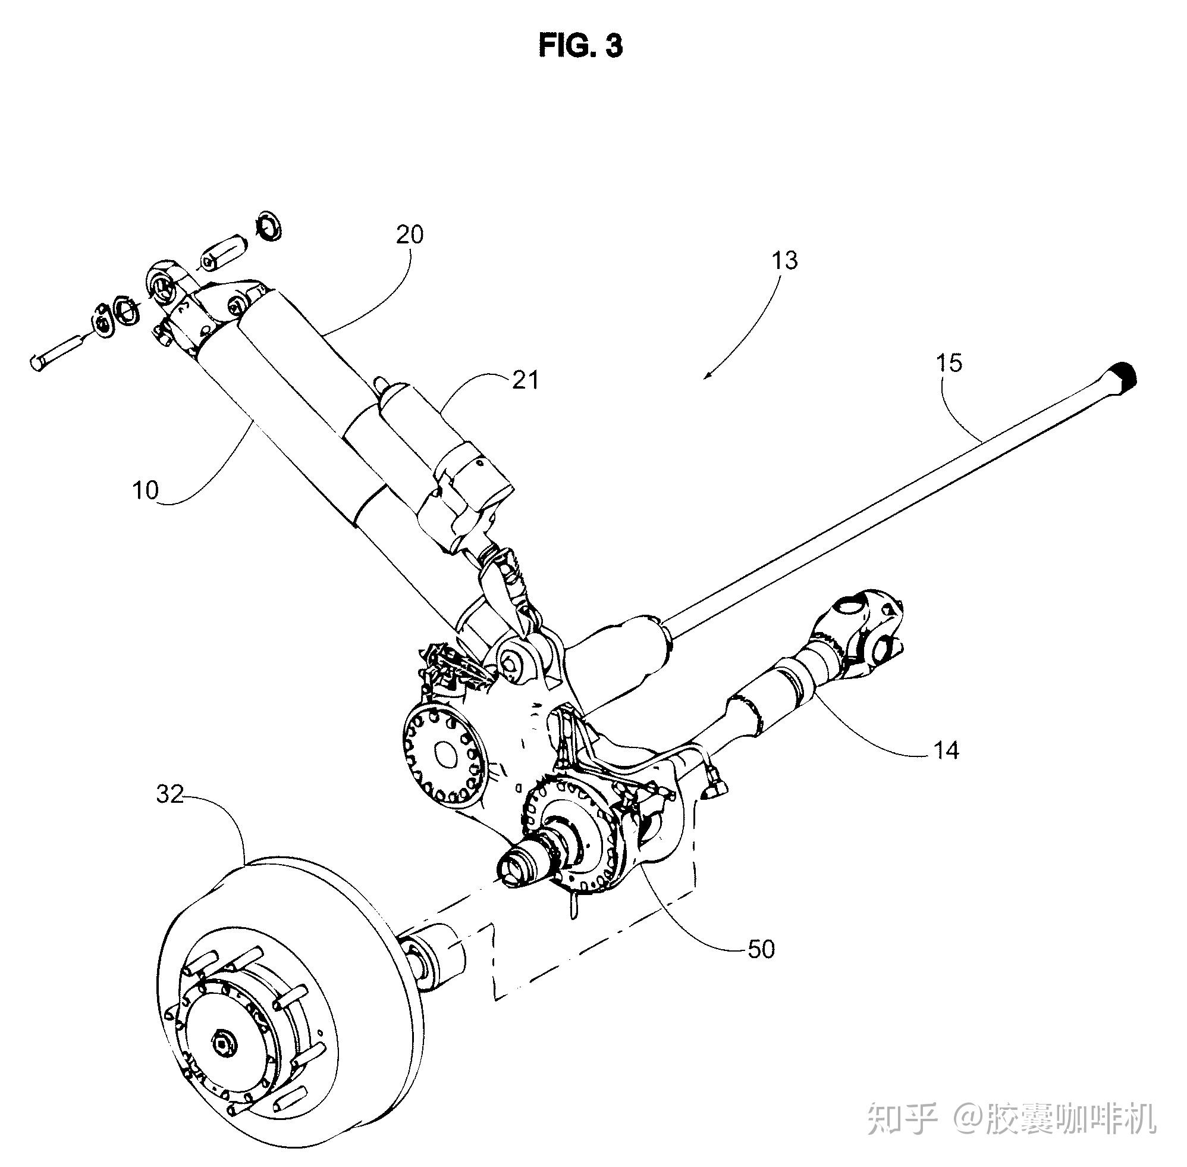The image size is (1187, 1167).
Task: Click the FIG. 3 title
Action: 580,45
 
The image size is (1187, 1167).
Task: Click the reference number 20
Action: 410,234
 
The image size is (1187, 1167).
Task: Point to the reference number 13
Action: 784,261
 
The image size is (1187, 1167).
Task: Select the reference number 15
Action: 949,363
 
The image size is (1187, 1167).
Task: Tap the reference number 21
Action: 526,381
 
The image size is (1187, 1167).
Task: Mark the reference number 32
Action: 169,794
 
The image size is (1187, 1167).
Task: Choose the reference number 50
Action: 761,949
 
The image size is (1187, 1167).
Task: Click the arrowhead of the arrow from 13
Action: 709,373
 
